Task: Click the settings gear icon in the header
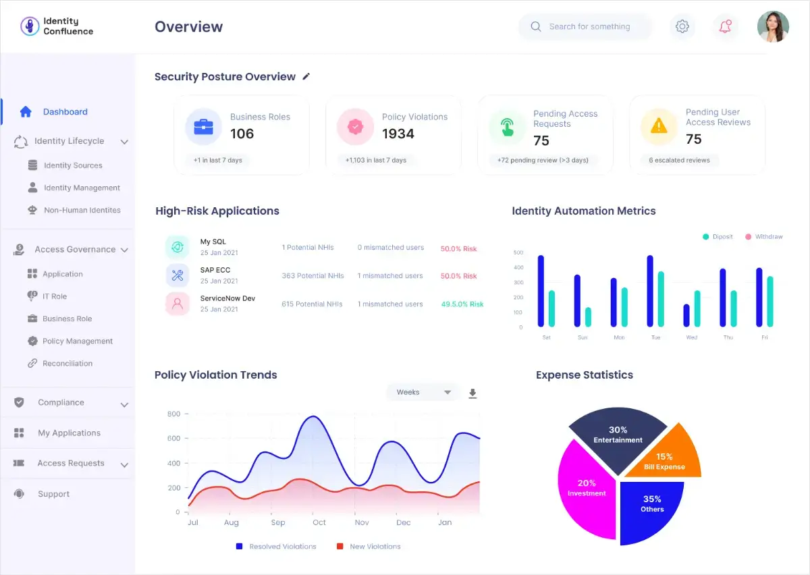[682, 26]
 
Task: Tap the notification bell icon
[725, 26]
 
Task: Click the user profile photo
[773, 26]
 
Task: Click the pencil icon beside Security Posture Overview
[306, 76]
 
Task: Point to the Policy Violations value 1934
[398, 134]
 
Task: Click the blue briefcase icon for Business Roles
[204, 127]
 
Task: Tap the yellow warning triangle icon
[659, 126]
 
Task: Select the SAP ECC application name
[215, 270]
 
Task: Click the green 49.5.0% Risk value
[462, 304]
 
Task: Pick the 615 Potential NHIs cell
[312, 304]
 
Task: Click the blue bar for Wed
[686, 315]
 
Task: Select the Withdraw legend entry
[764, 236]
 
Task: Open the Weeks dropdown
[423, 392]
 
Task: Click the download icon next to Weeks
[473, 393]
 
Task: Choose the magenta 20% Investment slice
[586, 488]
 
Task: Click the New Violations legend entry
[369, 547]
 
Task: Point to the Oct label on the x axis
[319, 522]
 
